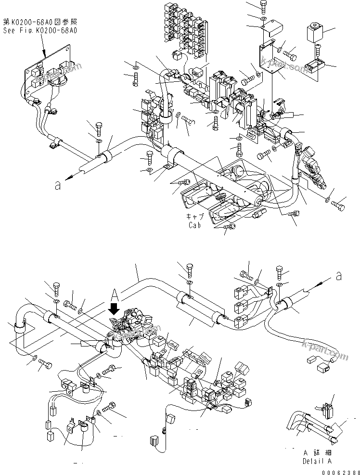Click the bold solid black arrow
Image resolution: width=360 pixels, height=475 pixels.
click(x=115, y=308)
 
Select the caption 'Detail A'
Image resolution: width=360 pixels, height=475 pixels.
click(x=317, y=461)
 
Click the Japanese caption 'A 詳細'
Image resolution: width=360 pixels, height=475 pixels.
click(x=317, y=453)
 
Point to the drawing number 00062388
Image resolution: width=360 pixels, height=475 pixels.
click(x=340, y=471)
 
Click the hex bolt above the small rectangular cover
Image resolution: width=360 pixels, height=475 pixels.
click(x=262, y=6)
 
